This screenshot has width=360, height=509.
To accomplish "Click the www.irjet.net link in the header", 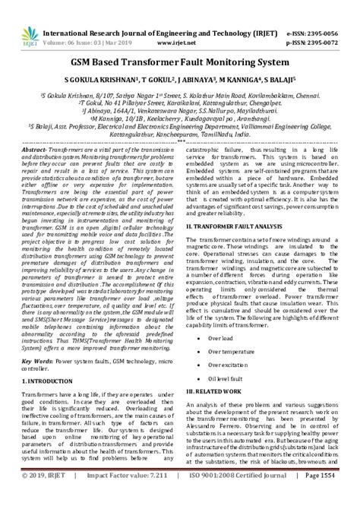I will [179, 23].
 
